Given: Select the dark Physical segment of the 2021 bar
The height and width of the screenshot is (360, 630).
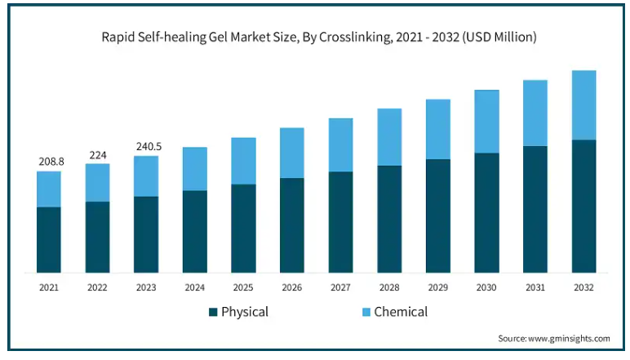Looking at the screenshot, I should pyautogui.click(x=49, y=239).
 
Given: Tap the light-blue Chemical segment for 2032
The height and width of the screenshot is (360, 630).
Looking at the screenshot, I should pyautogui.click(x=583, y=105).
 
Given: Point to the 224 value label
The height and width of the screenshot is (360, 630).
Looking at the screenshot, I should pyautogui.click(x=97, y=155).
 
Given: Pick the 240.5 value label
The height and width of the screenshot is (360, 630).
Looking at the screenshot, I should pyautogui.click(x=148, y=147).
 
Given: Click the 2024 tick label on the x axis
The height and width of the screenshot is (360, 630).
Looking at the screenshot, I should pyautogui.click(x=194, y=287).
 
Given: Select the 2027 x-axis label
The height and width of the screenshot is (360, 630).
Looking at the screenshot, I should pyautogui.click(x=340, y=287).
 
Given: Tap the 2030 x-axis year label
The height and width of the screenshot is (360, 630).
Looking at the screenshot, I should pyautogui.click(x=486, y=287).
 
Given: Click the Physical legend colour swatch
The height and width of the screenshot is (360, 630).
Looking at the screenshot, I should pyautogui.click(x=214, y=312).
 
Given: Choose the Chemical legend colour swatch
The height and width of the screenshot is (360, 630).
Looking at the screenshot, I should pyautogui.click(x=366, y=312).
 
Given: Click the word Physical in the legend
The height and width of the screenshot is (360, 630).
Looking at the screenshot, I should pyautogui.click(x=245, y=312).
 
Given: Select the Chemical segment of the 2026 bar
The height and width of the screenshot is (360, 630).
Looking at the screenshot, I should pyautogui.click(x=292, y=153).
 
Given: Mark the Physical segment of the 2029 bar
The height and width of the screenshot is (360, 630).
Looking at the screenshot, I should pyautogui.click(x=438, y=216).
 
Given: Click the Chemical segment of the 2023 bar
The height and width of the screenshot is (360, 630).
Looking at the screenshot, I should pyautogui.click(x=146, y=176).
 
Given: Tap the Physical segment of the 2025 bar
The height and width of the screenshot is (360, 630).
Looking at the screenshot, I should pyautogui.click(x=243, y=229).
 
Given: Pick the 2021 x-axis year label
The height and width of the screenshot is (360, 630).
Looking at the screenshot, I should pyautogui.click(x=49, y=287).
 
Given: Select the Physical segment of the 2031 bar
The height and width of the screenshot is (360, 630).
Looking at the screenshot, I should pyautogui.click(x=535, y=209).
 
